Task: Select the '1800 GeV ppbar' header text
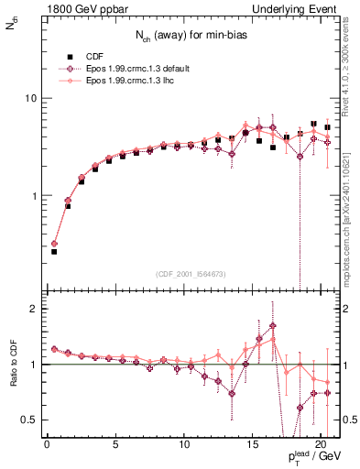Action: [x=76, y=8]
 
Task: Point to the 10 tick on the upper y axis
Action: [x=30, y=98]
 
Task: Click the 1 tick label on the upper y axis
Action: [x=33, y=196]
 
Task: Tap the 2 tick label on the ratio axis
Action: [x=33, y=309]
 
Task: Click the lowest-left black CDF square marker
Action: [x=54, y=251]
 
